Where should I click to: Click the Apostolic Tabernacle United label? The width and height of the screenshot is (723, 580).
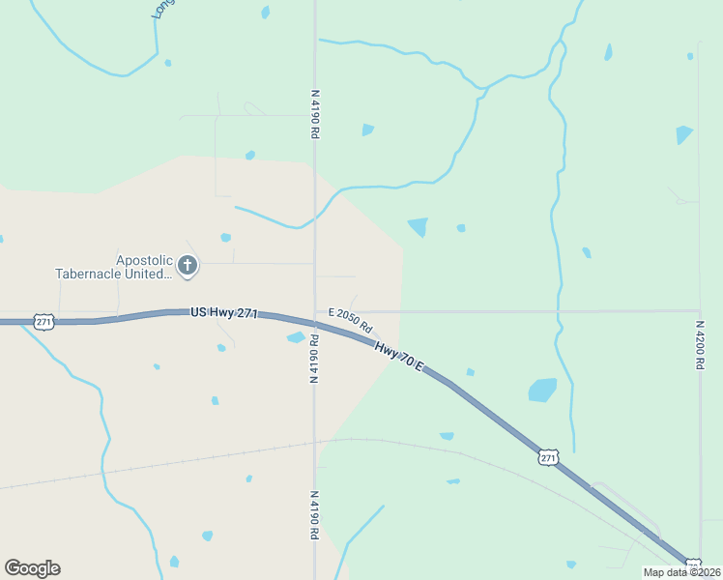point(114,266)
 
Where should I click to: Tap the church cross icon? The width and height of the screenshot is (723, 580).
point(188,265)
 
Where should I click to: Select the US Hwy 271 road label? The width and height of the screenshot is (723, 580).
point(223,313)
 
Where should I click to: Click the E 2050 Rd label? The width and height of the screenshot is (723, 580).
point(350,320)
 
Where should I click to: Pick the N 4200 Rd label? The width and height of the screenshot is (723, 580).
point(699,345)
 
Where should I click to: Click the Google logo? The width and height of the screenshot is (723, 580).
point(32,568)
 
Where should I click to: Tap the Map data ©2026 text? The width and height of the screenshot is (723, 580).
point(681,572)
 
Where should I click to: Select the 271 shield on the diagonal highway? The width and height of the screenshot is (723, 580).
point(548,456)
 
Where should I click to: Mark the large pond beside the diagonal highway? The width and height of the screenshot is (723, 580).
point(542,390)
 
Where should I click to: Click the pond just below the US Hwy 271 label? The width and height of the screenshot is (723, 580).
point(296,337)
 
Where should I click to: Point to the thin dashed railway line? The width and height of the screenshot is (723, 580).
point(193,460)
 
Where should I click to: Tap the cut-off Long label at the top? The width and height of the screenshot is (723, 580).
point(161,9)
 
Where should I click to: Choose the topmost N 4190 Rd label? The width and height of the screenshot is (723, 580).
point(315,114)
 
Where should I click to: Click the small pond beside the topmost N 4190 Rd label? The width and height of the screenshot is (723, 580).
point(367,130)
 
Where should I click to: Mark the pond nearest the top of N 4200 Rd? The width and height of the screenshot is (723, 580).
point(684,134)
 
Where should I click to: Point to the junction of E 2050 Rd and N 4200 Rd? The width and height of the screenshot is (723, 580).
point(699,311)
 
